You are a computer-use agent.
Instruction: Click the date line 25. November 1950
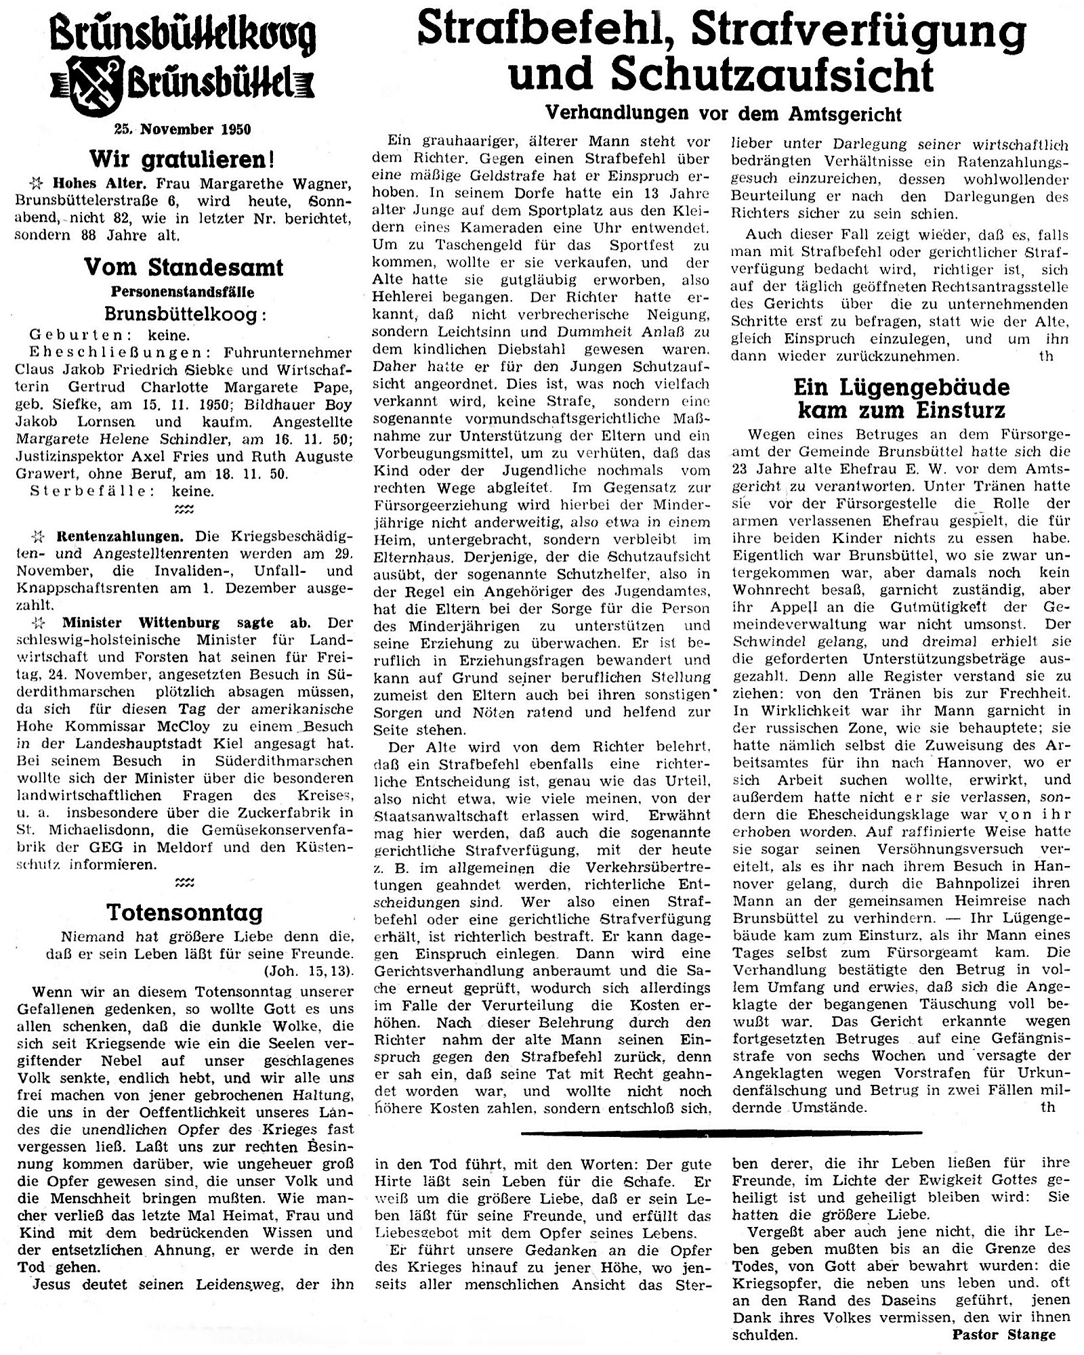(x=183, y=129)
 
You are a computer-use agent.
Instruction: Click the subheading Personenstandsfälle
(x=183, y=293)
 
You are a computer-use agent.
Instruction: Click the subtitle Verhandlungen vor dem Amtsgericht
(x=724, y=114)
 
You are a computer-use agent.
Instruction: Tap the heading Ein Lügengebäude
(x=902, y=388)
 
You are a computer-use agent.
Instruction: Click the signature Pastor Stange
(x=1003, y=1334)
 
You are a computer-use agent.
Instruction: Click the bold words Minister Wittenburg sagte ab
(x=193, y=622)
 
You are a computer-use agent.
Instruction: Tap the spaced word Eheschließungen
(x=91, y=353)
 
